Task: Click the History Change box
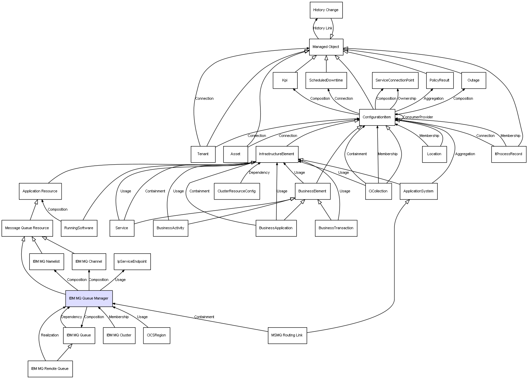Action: point(326,10)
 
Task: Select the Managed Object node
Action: point(326,47)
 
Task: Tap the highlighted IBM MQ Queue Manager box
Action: point(89,299)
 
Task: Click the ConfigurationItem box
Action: point(377,117)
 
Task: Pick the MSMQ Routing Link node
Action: point(287,335)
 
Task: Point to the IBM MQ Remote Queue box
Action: point(50,369)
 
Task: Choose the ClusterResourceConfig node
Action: point(237,191)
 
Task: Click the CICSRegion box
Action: point(156,335)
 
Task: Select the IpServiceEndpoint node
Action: point(132,262)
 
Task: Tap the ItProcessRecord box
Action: point(509,154)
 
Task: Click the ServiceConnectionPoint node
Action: point(395,80)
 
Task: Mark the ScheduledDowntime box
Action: point(326,80)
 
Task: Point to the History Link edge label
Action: point(323,28)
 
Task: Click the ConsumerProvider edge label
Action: point(418,117)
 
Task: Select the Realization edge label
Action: point(50,335)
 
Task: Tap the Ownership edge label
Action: point(407,99)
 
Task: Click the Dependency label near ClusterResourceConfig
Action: point(259,173)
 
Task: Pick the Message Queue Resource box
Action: point(27,228)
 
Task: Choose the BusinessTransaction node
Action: point(336,228)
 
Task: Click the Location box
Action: point(434,154)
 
